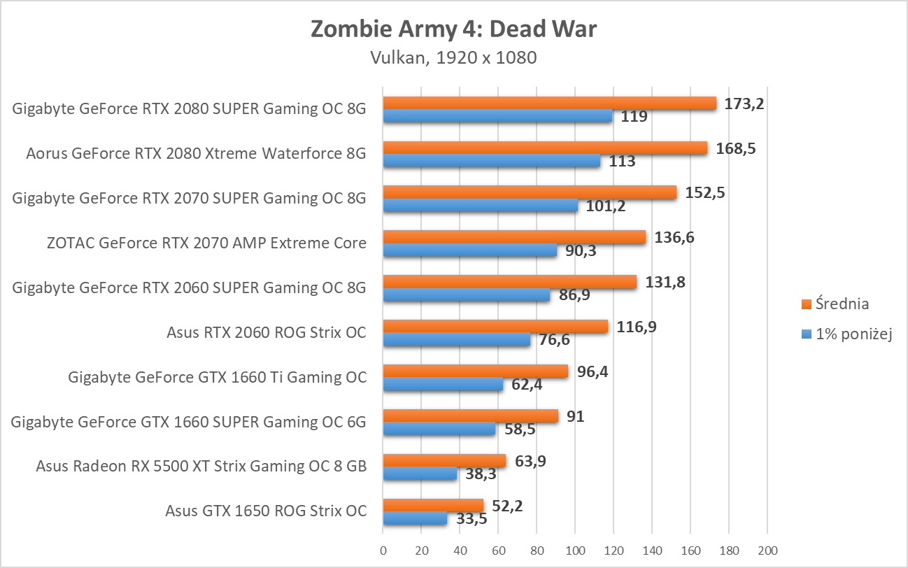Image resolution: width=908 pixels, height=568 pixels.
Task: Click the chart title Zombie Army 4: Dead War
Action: tap(453, 29)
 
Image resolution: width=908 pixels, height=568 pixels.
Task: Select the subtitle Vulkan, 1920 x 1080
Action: tap(453, 57)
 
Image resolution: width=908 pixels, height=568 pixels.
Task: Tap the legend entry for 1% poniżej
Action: tap(852, 334)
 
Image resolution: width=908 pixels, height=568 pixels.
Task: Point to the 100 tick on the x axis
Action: tap(575, 550)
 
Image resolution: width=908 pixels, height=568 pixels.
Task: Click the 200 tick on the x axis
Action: tap(767, 550)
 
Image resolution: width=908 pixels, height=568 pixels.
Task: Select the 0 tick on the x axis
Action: tap(383, 550)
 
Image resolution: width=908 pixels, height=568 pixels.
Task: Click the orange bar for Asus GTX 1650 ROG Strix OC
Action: tap(433, 505)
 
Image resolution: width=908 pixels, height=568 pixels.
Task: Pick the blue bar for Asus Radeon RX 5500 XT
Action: tap(420, 474)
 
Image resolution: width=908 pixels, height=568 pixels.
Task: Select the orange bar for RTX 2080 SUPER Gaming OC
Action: tap(549, 103)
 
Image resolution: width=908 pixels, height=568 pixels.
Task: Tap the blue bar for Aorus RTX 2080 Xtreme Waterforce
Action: tap(491, 161)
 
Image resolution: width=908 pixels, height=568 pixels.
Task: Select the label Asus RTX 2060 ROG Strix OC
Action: tap(266, 332)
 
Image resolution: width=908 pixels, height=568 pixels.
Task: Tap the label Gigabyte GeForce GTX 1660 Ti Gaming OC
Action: tap(217, 377)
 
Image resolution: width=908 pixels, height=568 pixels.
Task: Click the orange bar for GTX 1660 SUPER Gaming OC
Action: tap(470, 416)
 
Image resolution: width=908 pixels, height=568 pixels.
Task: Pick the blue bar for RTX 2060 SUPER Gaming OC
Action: tap(466, 295)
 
